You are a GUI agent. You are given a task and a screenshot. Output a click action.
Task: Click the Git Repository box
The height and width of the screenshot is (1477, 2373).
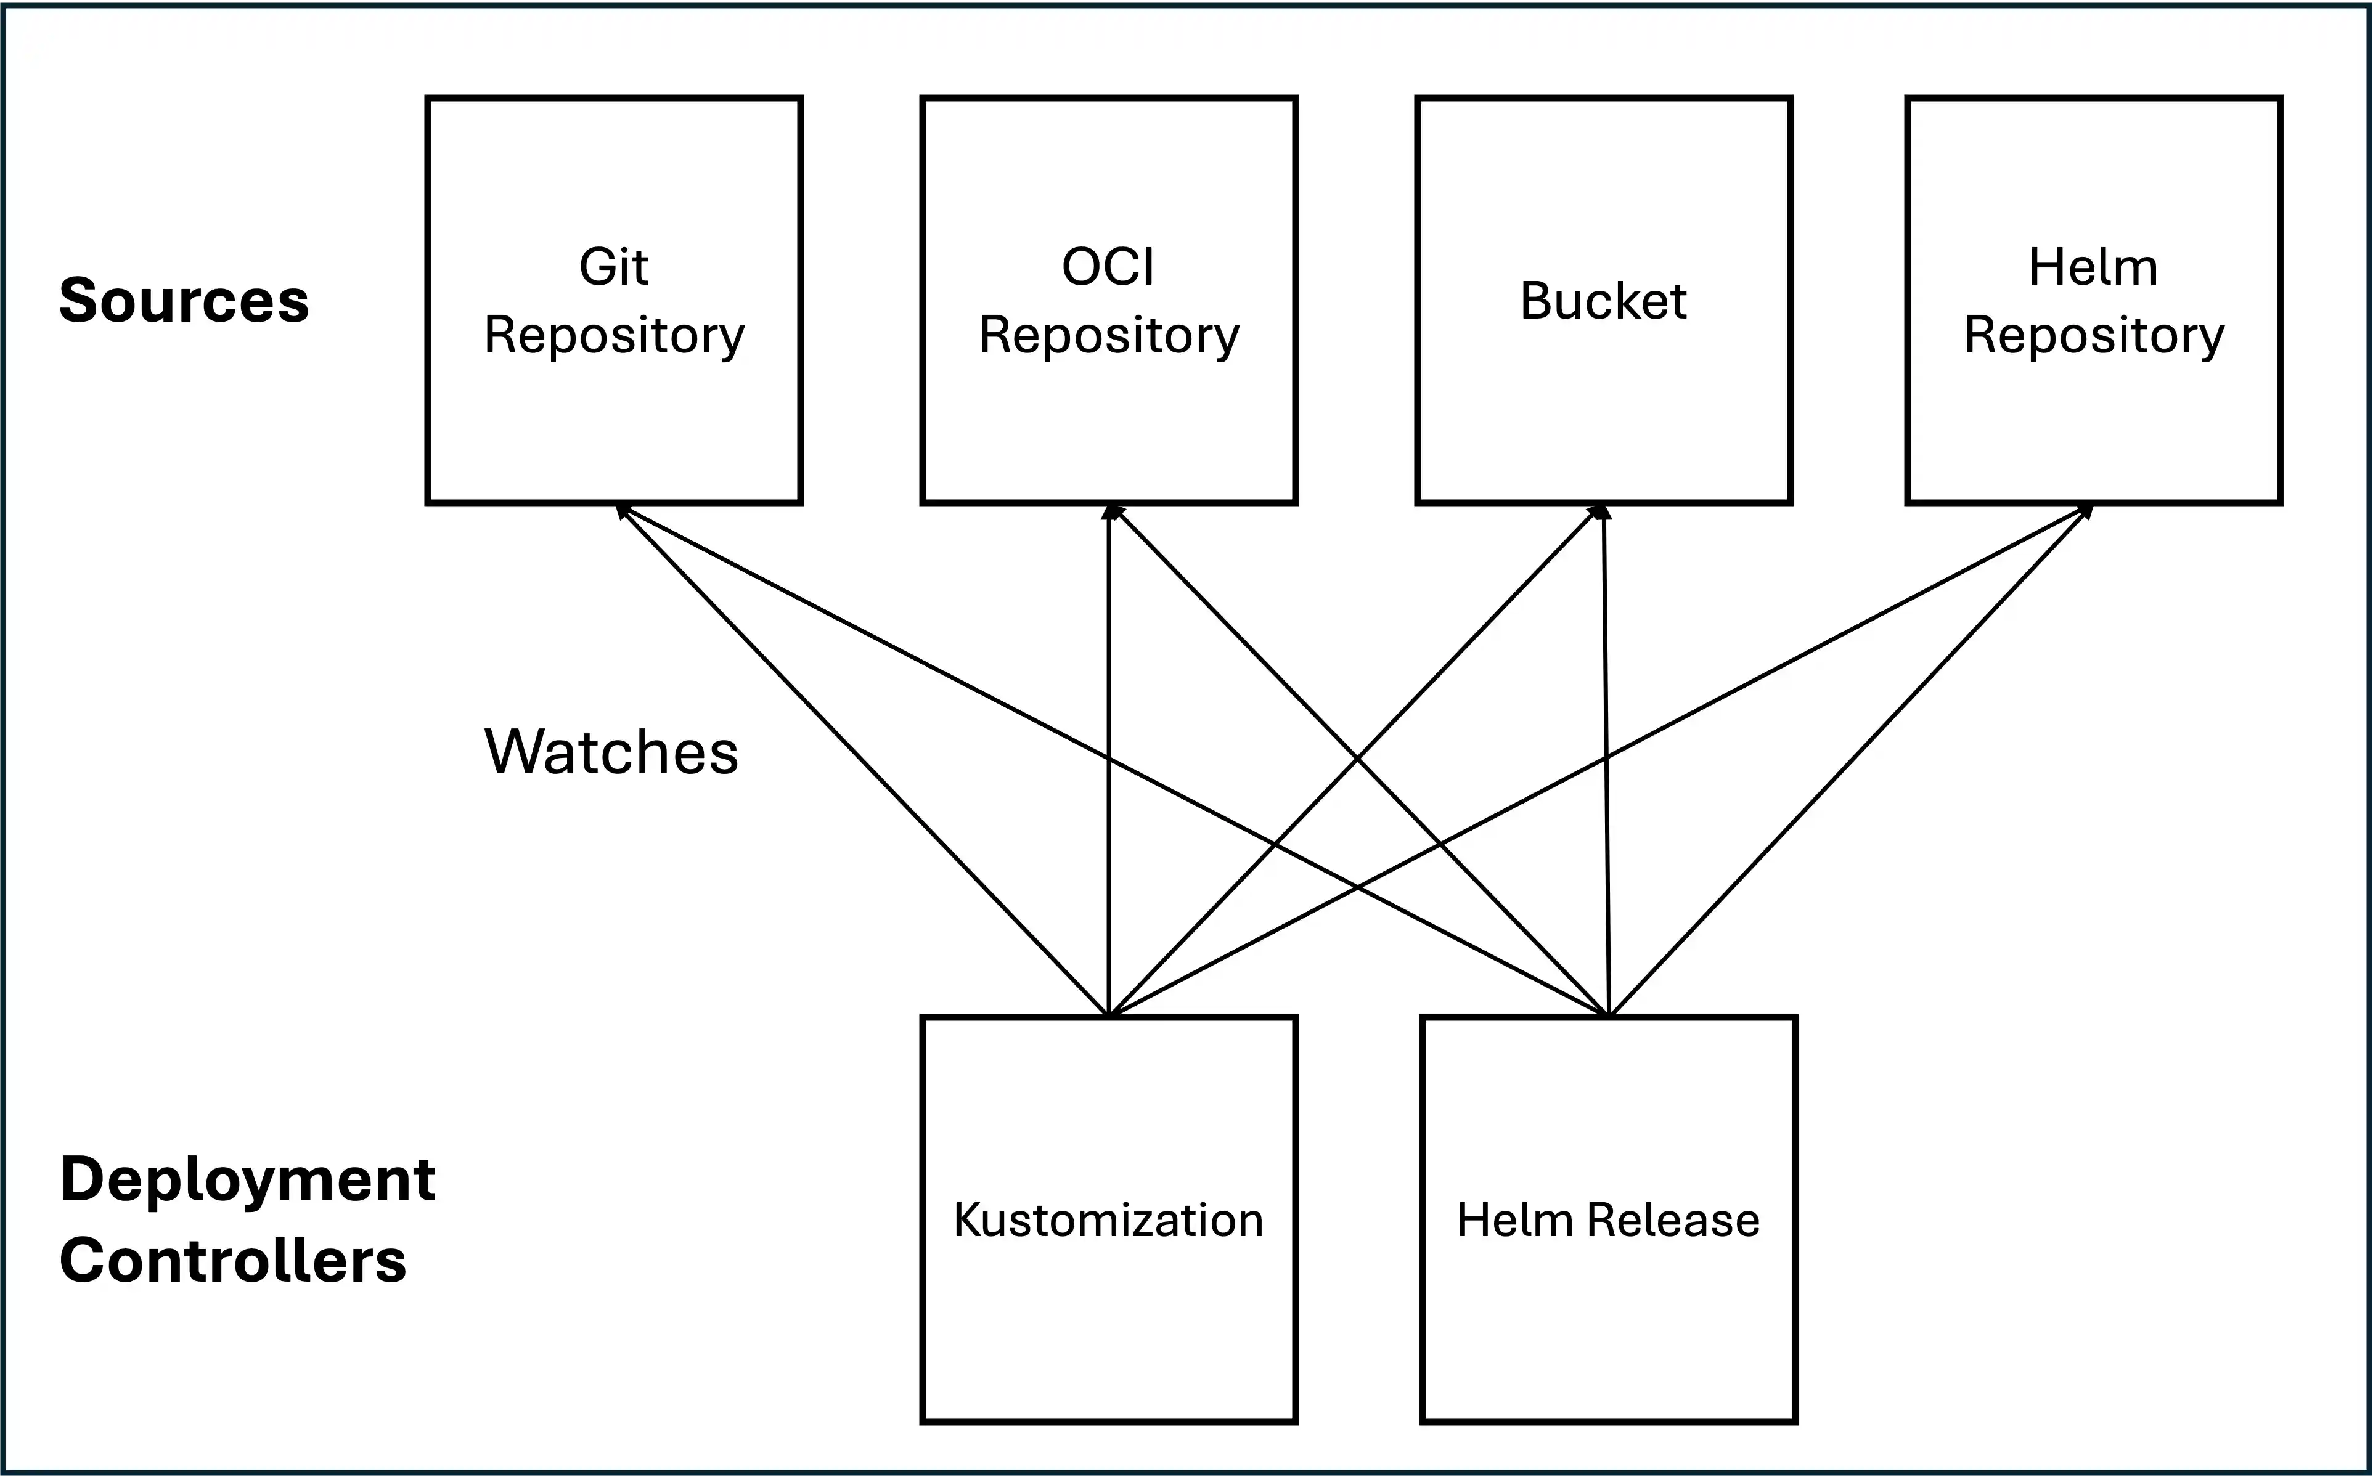613,410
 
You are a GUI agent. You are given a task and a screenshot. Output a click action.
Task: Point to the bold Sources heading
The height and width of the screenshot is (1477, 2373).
184,300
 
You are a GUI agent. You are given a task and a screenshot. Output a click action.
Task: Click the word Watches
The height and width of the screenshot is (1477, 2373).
611,752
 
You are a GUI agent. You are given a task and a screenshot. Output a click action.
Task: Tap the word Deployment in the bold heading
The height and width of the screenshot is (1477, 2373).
247,1179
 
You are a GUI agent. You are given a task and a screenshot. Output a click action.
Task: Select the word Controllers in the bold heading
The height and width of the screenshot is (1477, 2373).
232,1260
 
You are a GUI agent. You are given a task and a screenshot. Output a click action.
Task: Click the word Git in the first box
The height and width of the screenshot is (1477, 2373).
613,267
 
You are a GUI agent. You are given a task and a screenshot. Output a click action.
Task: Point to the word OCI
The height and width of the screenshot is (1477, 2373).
1108,267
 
